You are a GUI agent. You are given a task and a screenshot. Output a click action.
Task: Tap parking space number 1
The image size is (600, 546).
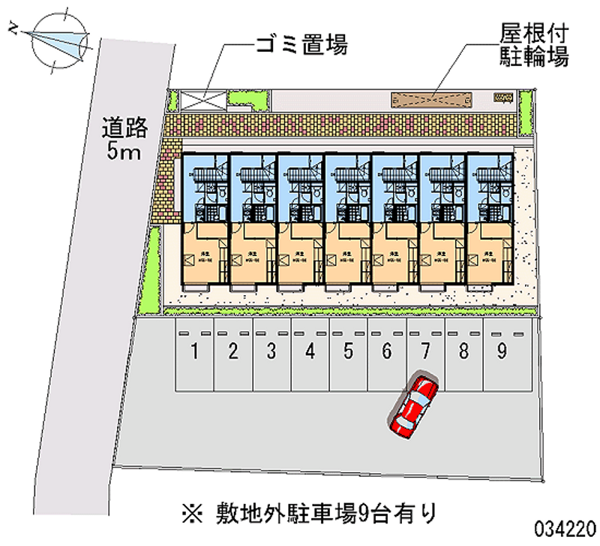coord(195,351)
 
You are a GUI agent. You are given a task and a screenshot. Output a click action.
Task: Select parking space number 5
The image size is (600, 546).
coord(348,351)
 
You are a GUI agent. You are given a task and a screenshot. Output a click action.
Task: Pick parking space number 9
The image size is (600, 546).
coord(501,351)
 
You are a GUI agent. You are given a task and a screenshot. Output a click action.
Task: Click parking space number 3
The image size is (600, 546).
coord(271,351)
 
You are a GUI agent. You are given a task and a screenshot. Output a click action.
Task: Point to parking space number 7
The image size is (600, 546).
coord(424,351)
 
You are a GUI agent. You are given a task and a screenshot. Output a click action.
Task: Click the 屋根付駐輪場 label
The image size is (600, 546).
coord(533,46)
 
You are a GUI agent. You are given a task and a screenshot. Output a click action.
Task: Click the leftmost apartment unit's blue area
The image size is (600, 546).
coord(204,188)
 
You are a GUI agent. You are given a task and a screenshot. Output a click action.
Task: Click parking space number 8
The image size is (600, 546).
coord(463,351)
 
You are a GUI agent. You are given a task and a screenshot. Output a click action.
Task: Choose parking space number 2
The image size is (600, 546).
coord(233,351)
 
